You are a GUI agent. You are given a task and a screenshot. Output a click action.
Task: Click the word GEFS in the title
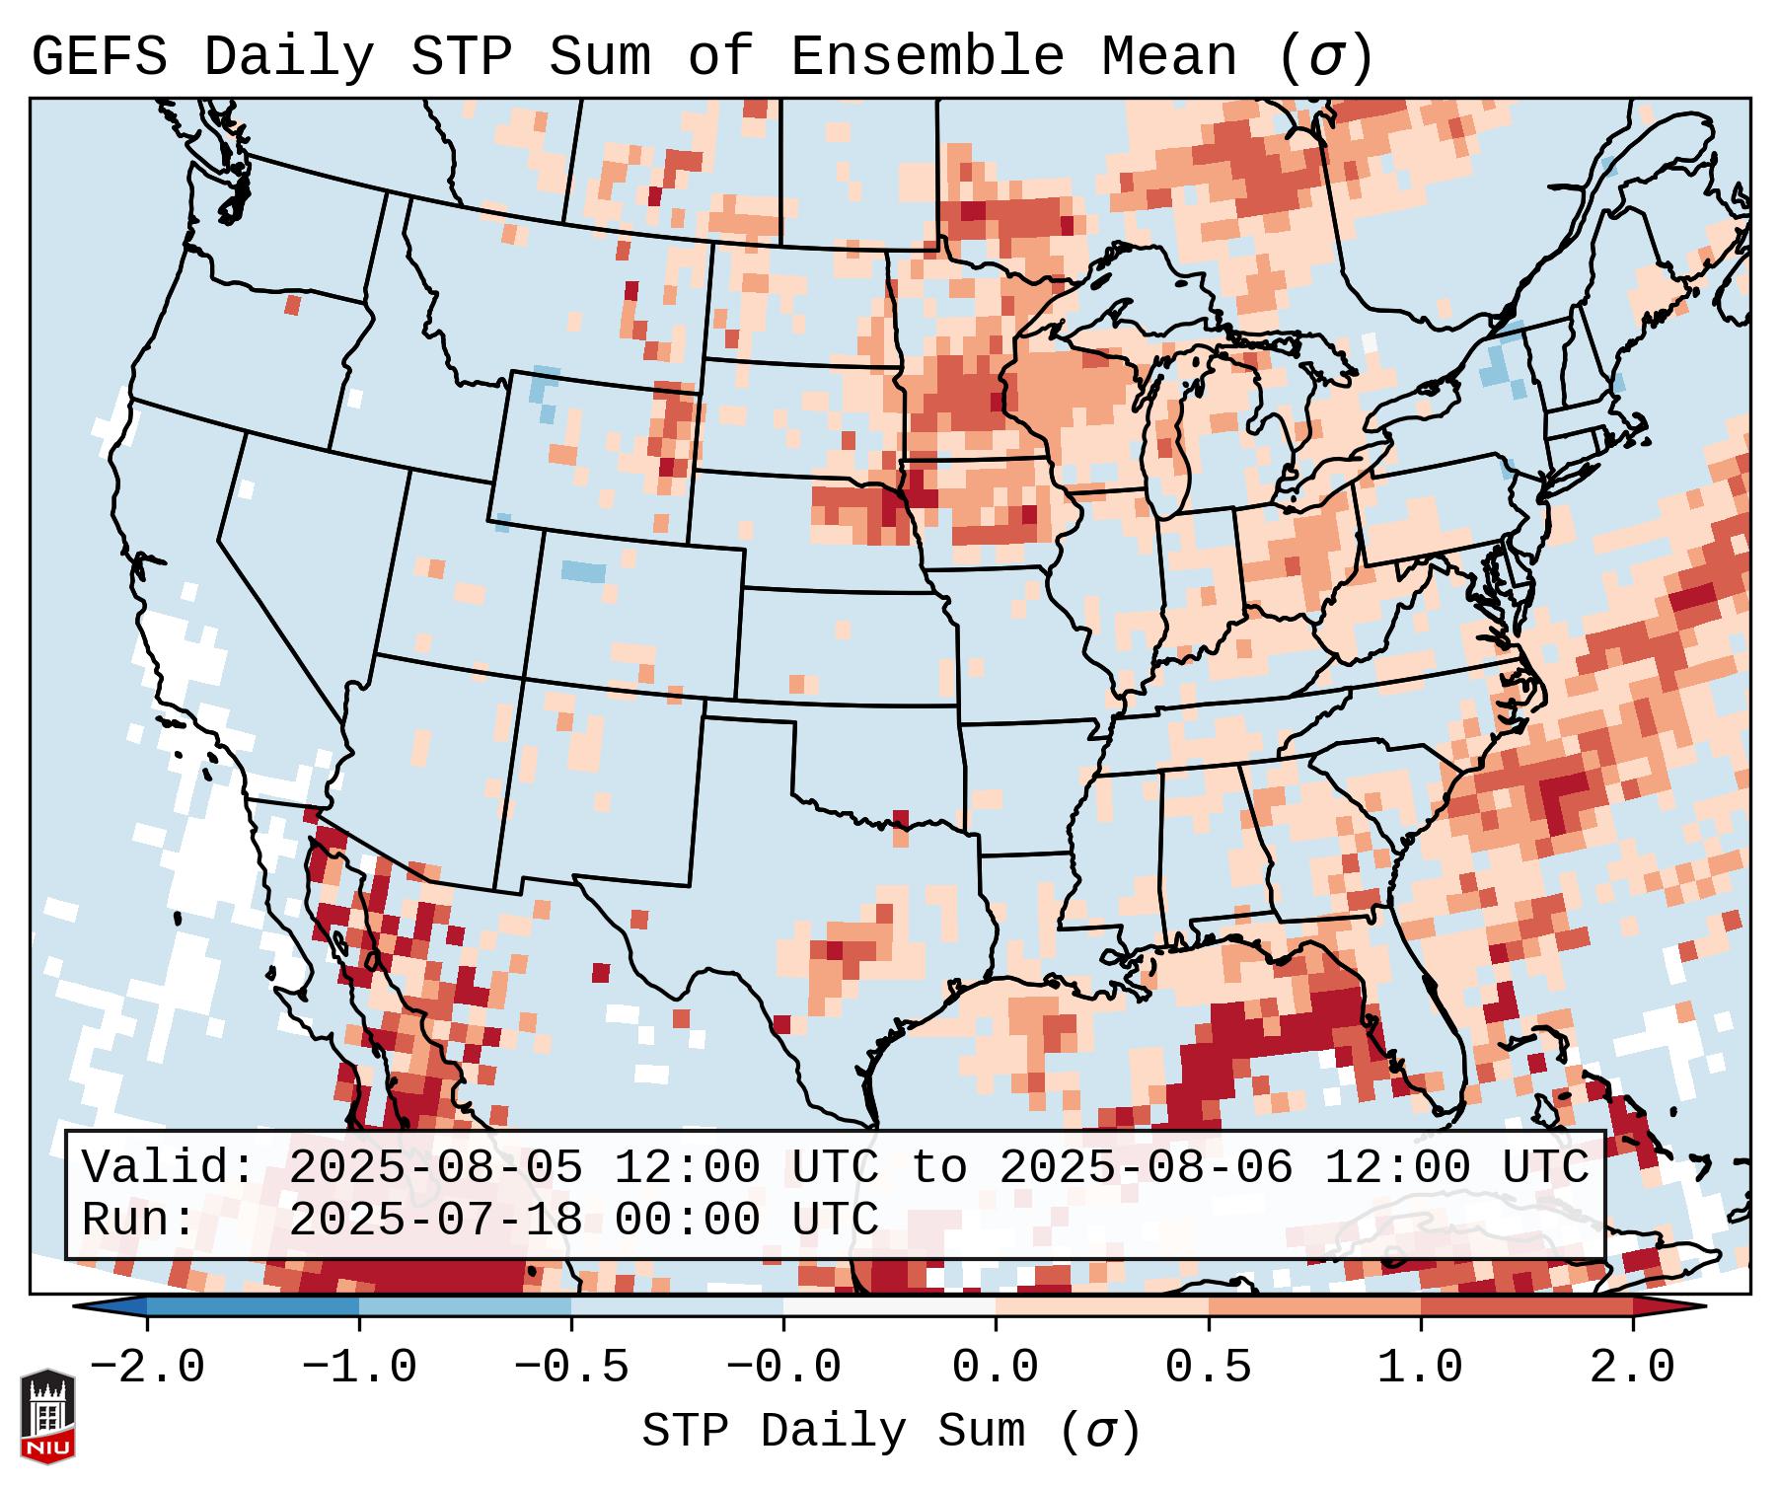pyautogui.click(x=99, y=57)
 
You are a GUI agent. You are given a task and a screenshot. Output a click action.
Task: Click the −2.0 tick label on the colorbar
pyautogui.click(x=147, y=1368)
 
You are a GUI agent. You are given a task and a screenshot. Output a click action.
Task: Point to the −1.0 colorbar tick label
pyautogui.click(x=359, y=1368)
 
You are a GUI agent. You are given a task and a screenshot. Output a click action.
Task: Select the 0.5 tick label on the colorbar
pyautogui.click(x=1209, y=1368)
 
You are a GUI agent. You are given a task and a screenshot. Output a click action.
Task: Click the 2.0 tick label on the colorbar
pyautogui.click(x=1633, y=1368)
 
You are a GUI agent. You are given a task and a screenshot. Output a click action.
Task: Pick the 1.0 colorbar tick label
pyautogui.click(x=1421, y=1368)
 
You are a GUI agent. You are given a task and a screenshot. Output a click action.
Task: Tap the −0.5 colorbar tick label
pyautogui.click(x=571, y=1368)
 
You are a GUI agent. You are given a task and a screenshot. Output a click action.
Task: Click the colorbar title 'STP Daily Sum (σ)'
pyautogui.click(x=891, y=1432)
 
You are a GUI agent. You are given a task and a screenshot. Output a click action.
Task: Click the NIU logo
pyautogui.click(x=47, y=1416)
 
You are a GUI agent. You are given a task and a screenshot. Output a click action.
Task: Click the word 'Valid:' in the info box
pyautogui.click(x=169, y=1168)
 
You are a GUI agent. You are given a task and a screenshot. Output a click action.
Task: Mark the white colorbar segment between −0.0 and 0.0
pyautogui.click(x=889, y=1306)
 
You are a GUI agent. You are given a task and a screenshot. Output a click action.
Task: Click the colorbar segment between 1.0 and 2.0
pyautogui.click(x=1526, y=1306)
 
